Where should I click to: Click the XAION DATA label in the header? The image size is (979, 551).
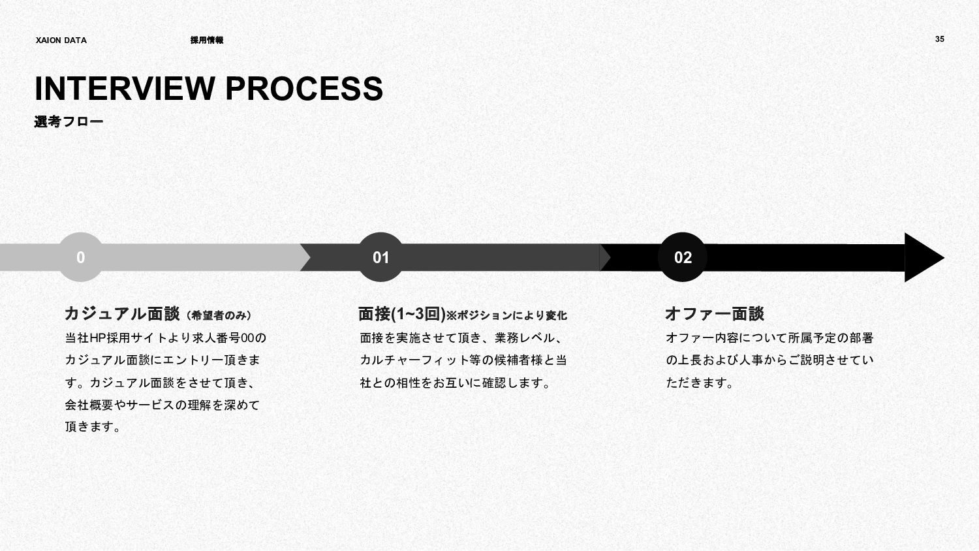click(x=61, y=40)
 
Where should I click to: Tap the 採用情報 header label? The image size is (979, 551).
click(x=206, y=40)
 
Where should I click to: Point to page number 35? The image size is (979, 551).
click(x=939, y=39)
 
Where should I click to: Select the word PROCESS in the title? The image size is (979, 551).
click(x=304, y=89)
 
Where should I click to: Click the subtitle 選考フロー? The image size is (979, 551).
click(x=69, y=121)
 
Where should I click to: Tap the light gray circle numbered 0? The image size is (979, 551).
click(x=80, y=257)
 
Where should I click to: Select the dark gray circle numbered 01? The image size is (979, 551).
click(x=381, y=257)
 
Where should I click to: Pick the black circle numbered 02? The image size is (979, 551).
click(x=683, y=257)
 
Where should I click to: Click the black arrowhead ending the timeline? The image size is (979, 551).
click(x=922, y=257)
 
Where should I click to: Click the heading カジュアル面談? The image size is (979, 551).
click(x=122, y=314)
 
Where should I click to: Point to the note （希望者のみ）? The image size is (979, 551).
click(x=219, y=316)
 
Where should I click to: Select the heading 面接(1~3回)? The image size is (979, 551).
click(x=401, y=314)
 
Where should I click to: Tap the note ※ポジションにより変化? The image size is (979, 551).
click(x=506, y=316)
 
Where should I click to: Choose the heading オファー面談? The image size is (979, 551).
click(x=714, y=314)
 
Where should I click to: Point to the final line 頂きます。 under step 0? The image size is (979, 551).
click(x=93, y=427)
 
